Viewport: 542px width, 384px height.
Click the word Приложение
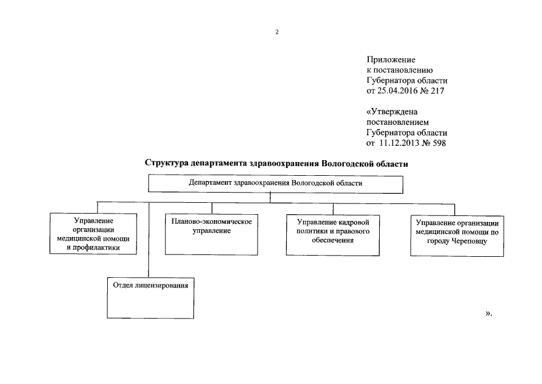click(390, 60)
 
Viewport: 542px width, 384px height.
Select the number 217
click(438, 91)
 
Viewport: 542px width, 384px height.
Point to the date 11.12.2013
click(401, 143)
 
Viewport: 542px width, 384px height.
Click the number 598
click(438, 143)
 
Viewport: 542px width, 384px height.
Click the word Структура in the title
click(167, 163)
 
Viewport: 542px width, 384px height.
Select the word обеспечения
click(332, 240)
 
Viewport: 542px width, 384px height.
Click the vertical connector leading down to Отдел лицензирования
click(149, 239)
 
